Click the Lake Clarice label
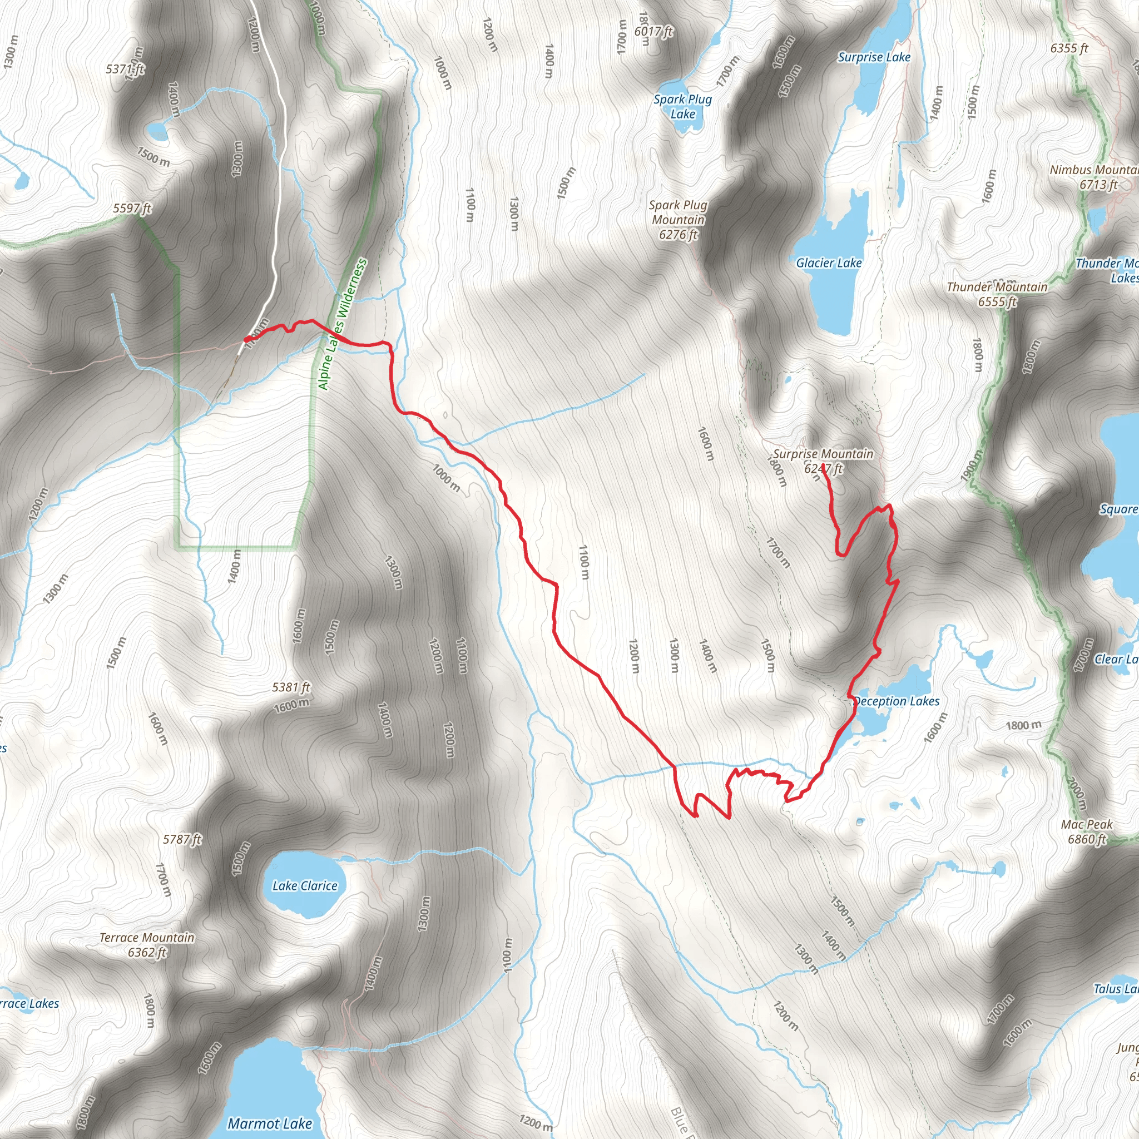305,885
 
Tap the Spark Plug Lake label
683,107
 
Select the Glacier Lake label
828,263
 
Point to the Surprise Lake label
874,57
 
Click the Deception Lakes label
896,701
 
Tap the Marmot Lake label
269,1123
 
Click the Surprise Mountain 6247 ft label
823,461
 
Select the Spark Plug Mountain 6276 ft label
678,220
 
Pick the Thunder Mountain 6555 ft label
997,294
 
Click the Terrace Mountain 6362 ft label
147,944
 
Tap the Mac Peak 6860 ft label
1087,831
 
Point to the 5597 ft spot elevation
132,209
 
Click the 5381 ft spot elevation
291,687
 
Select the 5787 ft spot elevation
182,839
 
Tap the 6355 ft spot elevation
1069,48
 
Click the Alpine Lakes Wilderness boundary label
342,324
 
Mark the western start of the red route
246,340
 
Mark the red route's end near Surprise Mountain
824,473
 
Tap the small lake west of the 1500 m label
157,130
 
